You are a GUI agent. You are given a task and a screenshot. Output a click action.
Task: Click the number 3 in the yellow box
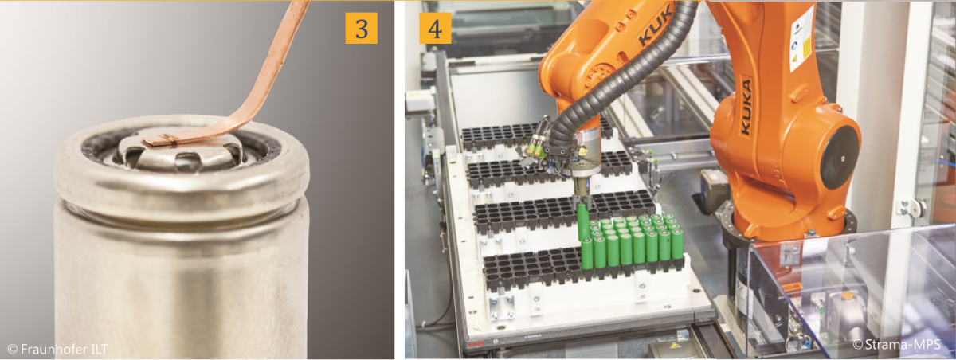(362, 29)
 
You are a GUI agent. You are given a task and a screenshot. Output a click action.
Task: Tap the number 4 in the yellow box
(435, 29)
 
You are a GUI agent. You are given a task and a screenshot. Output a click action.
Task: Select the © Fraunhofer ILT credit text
(57, 350)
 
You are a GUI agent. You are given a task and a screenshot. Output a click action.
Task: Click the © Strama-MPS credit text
(897, 344)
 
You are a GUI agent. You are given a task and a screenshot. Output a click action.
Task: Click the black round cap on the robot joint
(839, 158)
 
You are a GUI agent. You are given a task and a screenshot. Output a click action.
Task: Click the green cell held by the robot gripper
(582, 221)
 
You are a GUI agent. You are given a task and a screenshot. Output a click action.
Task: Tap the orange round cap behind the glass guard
(846, 295)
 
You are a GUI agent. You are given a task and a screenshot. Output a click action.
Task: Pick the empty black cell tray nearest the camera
(534, 268)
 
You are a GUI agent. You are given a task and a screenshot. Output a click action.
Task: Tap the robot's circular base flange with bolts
(789, 230)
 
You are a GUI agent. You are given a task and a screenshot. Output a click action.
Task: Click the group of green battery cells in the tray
(632, 241)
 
